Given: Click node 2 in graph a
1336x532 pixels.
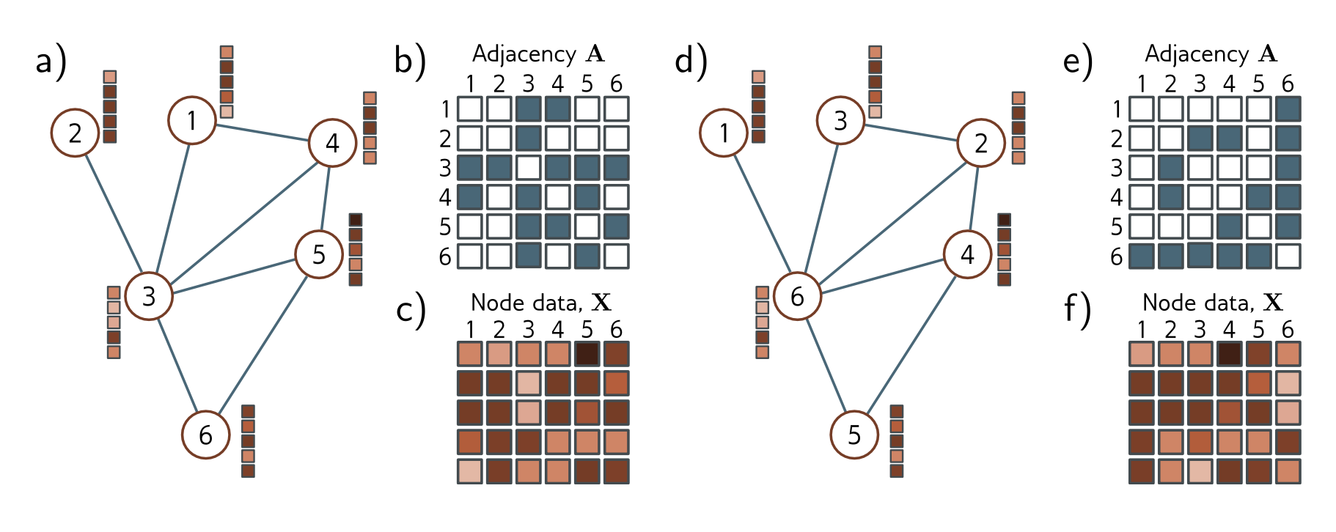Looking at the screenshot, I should tap(75, 133).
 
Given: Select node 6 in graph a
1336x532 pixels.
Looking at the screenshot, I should tap(206, 435).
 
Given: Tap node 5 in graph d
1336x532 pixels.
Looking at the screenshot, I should tap(854, 435).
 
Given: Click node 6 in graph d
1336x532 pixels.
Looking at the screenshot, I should tap(797, 296).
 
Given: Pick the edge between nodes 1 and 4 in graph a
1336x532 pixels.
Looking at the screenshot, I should tap(262, 132).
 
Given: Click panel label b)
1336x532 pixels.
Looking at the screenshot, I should tap(410, 61).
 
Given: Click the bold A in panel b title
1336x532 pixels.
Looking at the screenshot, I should tap(595, 53).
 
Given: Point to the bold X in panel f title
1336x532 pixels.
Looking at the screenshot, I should tap(1274, 302).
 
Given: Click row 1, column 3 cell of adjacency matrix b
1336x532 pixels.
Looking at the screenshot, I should tap(528, 109).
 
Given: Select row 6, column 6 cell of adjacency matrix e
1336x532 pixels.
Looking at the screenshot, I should tap(1288, 256).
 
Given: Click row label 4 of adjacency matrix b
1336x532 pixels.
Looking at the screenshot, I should tap(444, 197).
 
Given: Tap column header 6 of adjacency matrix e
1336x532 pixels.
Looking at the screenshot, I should tap(1288, 84).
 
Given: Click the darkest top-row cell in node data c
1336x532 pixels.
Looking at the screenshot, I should tap(587, 354).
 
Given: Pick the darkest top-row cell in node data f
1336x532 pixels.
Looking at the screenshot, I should tap(1229, 354).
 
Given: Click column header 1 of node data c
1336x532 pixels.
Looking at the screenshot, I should tap(470, 329).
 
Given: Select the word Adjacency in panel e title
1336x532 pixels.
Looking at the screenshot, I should tap(1197, 53).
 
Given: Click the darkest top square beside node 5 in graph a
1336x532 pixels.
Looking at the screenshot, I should tap(356, 220).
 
